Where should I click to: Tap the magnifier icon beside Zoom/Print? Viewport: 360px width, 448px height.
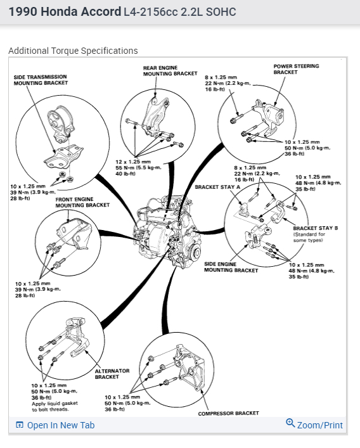pos(290,423)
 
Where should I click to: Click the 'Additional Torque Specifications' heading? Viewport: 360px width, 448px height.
pos(73,51)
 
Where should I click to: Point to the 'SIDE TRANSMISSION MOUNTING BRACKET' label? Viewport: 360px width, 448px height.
pos(41,80)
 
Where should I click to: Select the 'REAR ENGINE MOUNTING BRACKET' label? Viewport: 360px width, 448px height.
pos(170,71)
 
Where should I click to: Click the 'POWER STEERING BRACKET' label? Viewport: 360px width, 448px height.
pos(296,69)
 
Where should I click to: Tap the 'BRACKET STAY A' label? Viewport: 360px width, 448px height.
pos(217,187)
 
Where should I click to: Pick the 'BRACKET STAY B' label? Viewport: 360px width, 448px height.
pos(316,228)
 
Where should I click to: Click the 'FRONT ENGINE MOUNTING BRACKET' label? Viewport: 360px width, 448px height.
pos(82,202)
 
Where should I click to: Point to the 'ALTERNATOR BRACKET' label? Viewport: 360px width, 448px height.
pos(112,374)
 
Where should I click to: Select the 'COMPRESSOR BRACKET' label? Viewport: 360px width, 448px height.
pos(228,413)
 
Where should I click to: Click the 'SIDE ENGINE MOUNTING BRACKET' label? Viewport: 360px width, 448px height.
pos(231,267)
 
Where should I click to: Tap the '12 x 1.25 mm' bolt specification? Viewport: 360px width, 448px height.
pos(133,162)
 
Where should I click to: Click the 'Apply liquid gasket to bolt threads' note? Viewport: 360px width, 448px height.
pos(55,407)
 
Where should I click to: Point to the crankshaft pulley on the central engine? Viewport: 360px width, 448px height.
pos(196,253)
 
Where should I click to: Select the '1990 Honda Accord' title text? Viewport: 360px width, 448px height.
pos(65,12)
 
